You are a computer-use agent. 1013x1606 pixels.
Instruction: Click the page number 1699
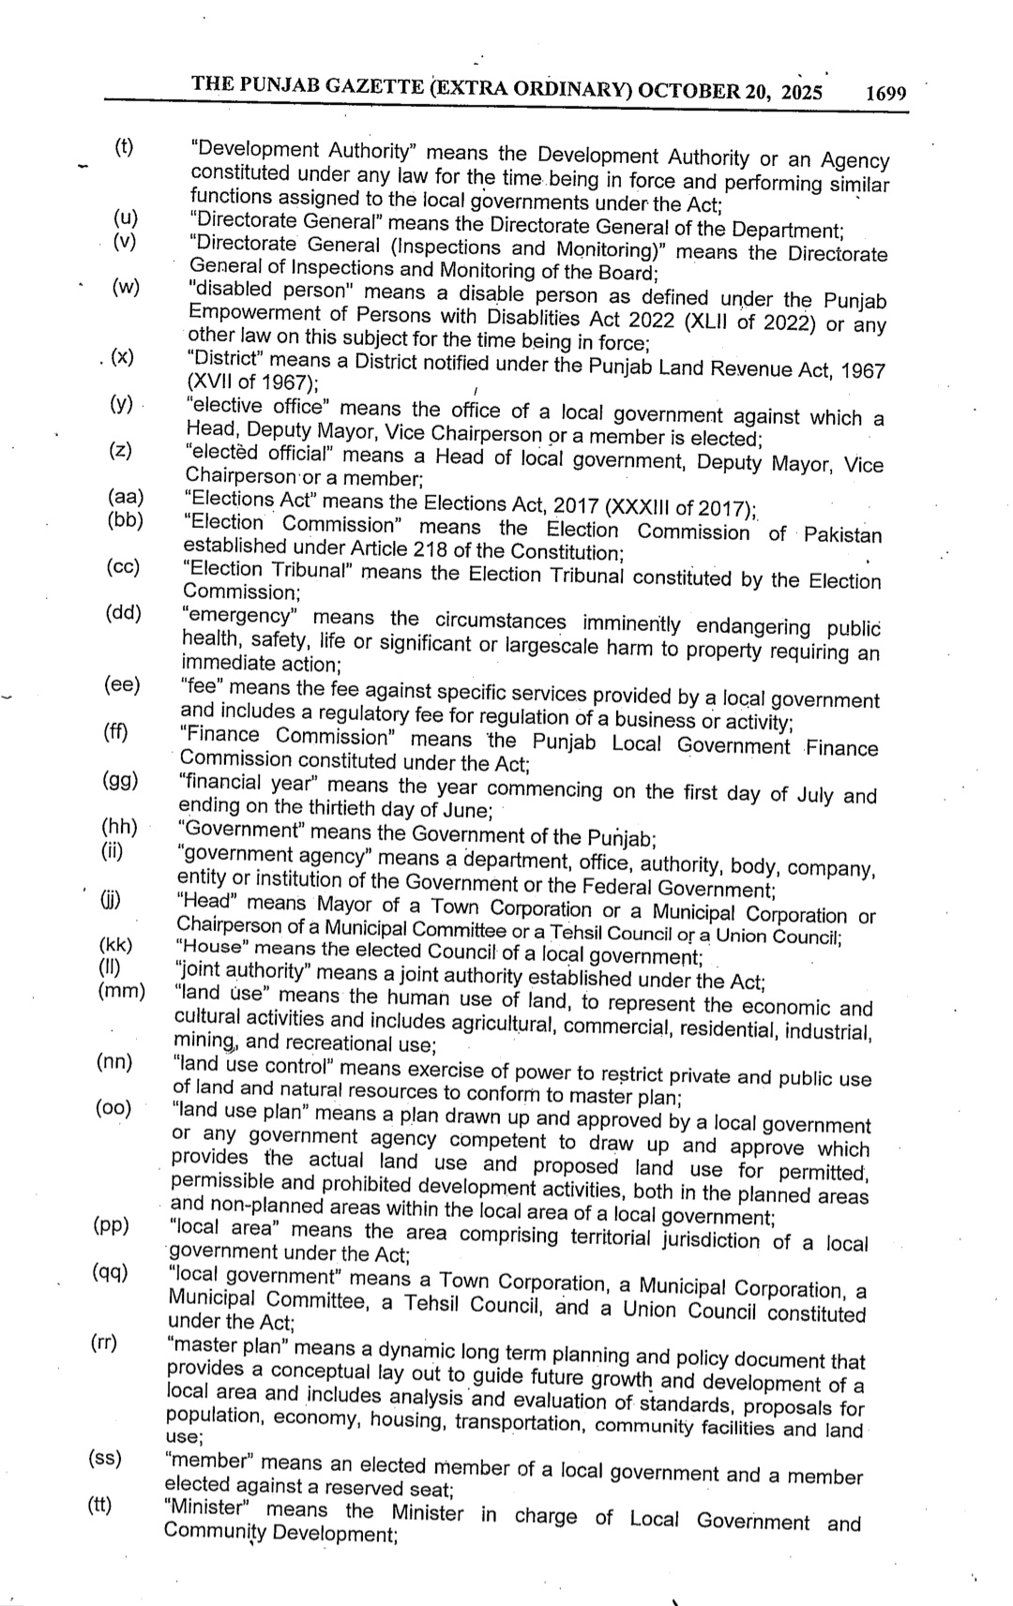coord(885,94)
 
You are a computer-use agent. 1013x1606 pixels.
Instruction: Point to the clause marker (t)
coord(124,146)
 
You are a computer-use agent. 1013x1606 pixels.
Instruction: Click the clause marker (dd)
coord(123,613)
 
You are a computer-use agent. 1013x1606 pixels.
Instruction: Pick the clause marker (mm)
coord(121,991)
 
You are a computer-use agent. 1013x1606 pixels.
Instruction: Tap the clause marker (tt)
coord(99,1507)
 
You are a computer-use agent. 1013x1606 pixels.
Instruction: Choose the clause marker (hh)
coord(119,827)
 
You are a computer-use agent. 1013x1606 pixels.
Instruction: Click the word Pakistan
coord(842,535)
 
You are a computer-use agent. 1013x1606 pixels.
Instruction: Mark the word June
coord(463,811)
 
